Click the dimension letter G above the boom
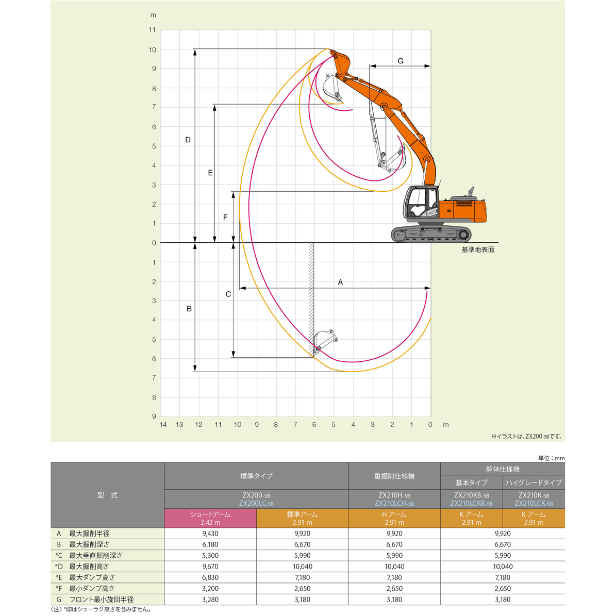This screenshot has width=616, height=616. tap(401, 61)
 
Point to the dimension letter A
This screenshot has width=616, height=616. tap(340, 282)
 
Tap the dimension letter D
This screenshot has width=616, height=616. tap(188, 140)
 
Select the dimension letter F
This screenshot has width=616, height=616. tap(225, 217)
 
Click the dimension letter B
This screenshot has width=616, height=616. tap(189, 309)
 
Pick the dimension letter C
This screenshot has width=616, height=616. tap(228, 294)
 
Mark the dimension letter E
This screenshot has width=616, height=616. tap(210, 173)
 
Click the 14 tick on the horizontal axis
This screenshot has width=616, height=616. tap(163, 425)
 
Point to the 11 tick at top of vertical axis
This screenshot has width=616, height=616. tap(152, 30)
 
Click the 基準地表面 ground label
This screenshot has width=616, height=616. tap(478, 250)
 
